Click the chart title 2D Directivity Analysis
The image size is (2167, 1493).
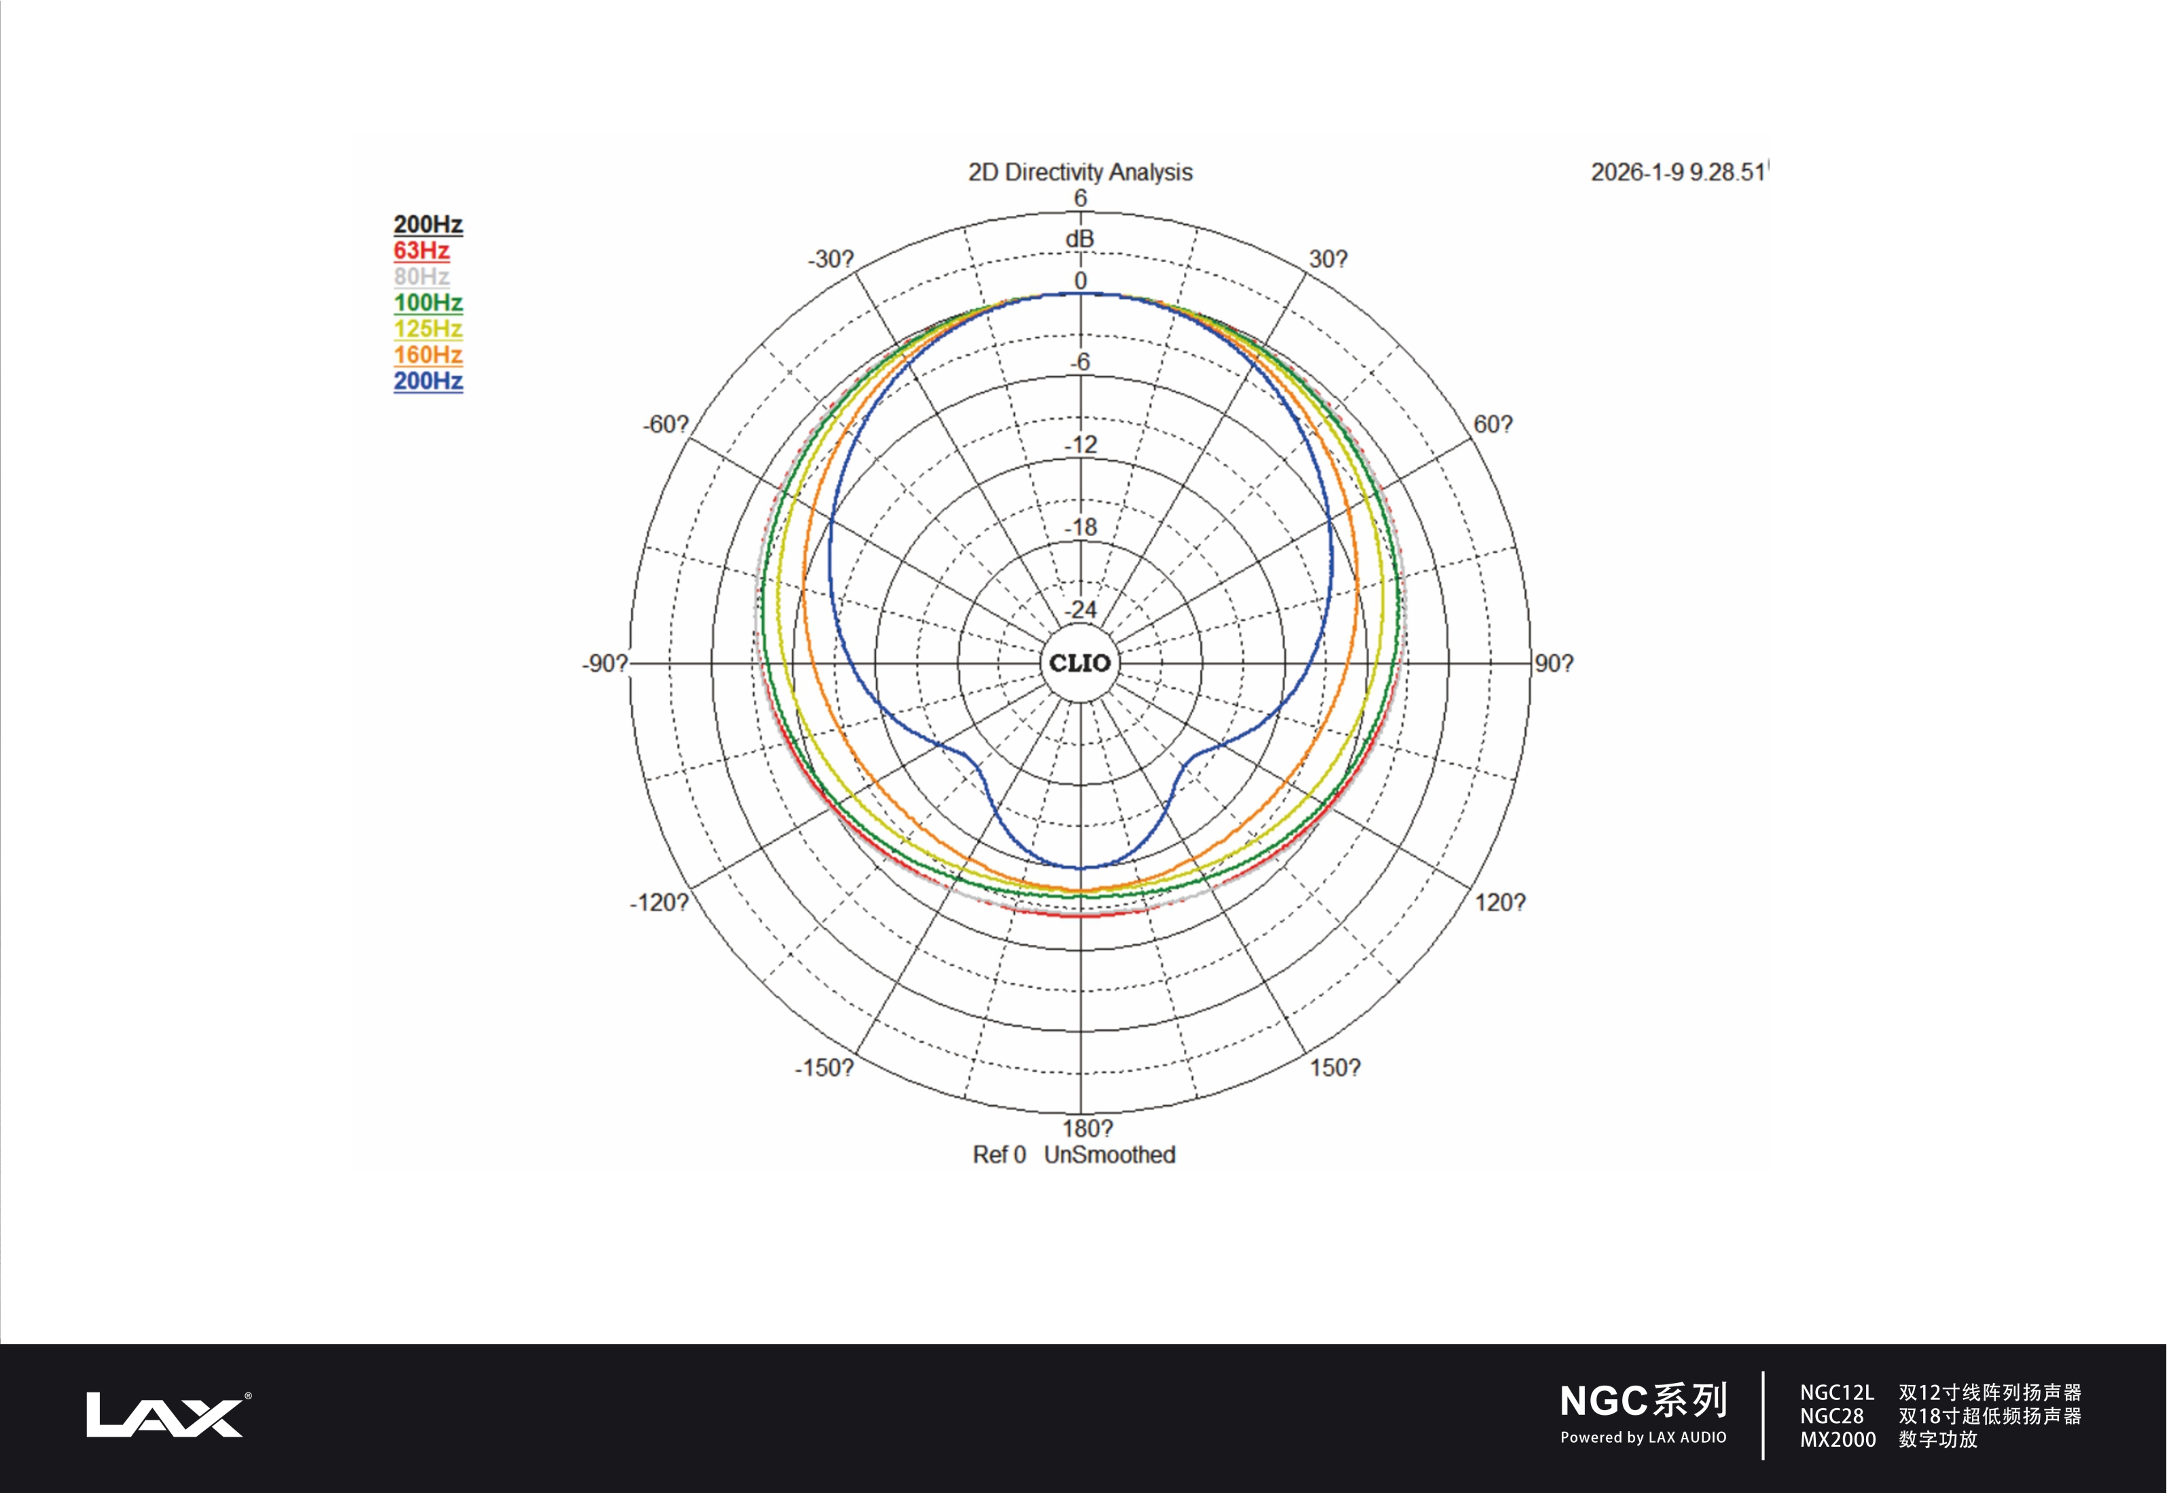tap(1080, 172)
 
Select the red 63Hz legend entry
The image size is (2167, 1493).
tap(422, 251)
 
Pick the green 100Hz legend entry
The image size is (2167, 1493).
tap(429, 303)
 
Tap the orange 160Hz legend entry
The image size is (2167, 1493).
tap(429, 355)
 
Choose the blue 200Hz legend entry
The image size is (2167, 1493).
tap(429, 382)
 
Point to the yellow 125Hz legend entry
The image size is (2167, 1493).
tap(429, 329)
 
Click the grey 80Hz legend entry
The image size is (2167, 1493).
tap(422, 277)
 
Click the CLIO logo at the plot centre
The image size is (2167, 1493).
tap(1079, 663)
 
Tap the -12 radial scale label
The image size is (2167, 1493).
tap(1081, 444)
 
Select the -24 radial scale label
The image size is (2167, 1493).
tap(1081, 610)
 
